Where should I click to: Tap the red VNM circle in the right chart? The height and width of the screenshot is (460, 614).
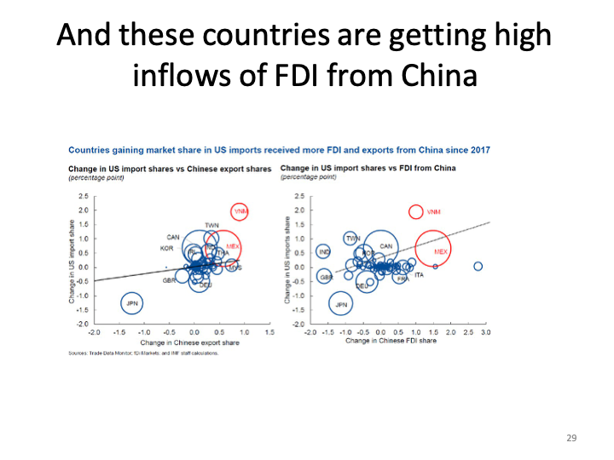point(416,211)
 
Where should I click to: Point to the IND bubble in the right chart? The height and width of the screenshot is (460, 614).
point(324,252)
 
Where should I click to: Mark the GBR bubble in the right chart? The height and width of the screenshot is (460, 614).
point(325,277)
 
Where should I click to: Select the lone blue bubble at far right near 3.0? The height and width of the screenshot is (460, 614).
point(478,267)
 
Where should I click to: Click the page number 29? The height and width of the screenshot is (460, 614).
point(571,438)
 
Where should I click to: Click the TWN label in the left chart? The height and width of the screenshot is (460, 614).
point(211,225)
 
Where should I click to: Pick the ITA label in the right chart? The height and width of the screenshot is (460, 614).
point(419,275)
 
